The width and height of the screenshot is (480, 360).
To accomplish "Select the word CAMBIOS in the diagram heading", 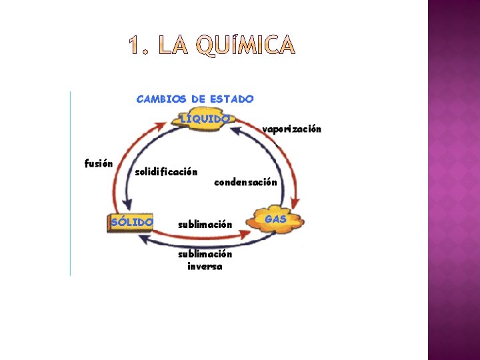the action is (x=161, y=99).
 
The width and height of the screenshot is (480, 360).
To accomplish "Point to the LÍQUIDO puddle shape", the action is (x=205, y=119).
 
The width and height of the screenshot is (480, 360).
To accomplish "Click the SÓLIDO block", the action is (x=131, y=221).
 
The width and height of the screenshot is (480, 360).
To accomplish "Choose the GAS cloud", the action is (x=276, y=220).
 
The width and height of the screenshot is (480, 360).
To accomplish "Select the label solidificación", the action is (x=166, y=171).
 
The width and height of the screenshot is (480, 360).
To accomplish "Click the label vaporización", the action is (x=292, y=129).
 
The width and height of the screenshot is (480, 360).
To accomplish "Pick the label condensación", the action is (x=245, y=181).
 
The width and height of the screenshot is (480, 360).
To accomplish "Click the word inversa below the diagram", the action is (x=205, y=267).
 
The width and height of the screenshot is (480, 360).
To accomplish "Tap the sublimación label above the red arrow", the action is (x=205, y=224).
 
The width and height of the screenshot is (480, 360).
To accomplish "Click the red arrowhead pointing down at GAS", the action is (x=295, y=206).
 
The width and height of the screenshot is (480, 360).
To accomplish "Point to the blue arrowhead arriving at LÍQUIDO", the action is (x=234, y=129).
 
